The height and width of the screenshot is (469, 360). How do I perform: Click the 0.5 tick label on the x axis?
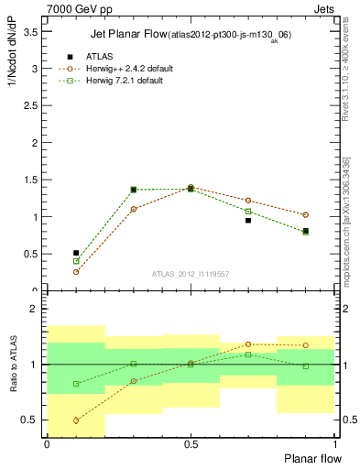coord(191,444)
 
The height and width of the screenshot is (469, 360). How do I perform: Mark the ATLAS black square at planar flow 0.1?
coord(76,253)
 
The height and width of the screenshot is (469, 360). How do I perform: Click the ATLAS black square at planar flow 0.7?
coord(248,220)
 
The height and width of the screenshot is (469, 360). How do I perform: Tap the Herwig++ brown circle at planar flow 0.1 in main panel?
coord(76,272)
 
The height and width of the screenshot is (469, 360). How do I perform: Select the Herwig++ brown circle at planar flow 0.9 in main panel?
coord(305,215)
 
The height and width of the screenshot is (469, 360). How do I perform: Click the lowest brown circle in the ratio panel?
coord(76,420)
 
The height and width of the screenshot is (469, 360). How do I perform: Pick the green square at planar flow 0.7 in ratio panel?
coord(248,354)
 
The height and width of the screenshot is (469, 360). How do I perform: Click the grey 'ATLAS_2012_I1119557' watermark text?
coord(190,274)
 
